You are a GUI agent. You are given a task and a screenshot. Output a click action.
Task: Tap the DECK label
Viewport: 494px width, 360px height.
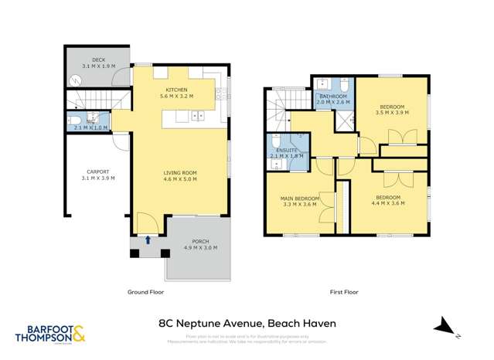98,59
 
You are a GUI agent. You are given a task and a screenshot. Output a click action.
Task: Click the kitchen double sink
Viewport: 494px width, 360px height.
197,117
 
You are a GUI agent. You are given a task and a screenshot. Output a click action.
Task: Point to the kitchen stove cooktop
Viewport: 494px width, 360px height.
220,97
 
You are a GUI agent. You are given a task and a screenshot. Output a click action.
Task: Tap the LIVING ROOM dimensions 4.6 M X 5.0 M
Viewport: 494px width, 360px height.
179,179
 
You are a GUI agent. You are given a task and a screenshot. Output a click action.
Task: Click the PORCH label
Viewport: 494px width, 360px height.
199,241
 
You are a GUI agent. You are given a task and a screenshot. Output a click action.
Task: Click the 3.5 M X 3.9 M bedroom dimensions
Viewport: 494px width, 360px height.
392,112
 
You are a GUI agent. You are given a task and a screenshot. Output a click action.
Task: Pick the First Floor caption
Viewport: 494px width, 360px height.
344,292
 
